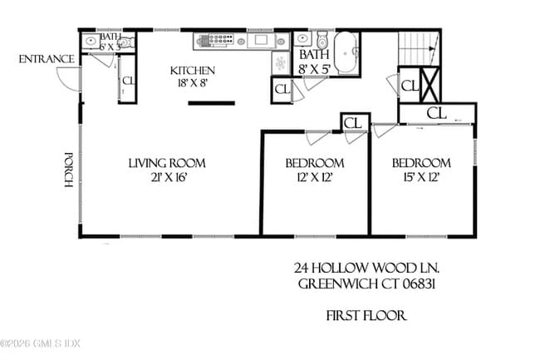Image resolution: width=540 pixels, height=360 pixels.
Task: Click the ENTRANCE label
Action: click(x=47, y=59)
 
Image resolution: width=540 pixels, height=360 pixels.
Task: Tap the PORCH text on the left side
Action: click(x=71, y=170)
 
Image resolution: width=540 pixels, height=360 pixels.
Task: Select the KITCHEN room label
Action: click(x=193, y=71)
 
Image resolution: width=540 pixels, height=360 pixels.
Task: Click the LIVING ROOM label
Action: click(x=166, y=163)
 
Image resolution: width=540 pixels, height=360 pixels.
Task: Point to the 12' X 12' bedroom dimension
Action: click(x=314, y=177)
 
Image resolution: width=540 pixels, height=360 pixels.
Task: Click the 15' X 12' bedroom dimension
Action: click(x=421, y=177)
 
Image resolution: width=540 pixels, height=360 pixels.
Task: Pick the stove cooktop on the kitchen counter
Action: click(x=217, y=39)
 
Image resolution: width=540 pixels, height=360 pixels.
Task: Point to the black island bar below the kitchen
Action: click(x=211, y=104)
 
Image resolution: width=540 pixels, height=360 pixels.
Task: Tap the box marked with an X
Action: click(x=430, y=84)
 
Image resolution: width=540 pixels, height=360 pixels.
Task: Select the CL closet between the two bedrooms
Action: click(x=353, y=123)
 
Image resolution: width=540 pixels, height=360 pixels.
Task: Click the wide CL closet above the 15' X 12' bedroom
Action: click(x=436, y=112)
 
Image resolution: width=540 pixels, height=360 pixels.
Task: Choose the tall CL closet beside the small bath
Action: click(x=128, y=81)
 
